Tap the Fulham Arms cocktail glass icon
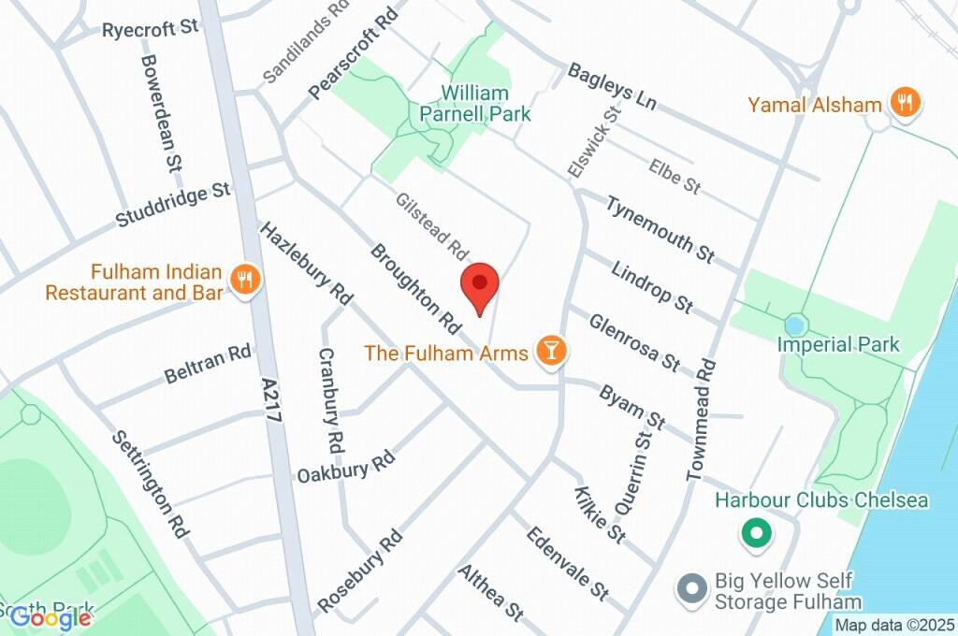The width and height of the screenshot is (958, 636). coord(550,352)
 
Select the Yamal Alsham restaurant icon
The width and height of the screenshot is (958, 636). coord(904,103)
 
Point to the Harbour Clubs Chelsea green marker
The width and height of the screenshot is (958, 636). coord(755,534)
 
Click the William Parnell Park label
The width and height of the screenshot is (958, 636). coord(486,104)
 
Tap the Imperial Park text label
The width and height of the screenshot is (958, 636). coord(838,344)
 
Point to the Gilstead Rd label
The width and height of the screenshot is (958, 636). coord(431,226)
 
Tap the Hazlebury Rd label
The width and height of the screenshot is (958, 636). coord(306,264)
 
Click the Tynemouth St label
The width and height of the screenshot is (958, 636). coord(660,228)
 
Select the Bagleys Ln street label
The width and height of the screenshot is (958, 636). coord(612,84)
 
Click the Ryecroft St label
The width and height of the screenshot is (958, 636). coord(151,29)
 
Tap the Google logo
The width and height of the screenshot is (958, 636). coord(51,617)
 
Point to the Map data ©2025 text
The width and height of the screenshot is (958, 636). coord(894,625)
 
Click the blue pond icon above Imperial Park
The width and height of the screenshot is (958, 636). coord(795,325)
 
